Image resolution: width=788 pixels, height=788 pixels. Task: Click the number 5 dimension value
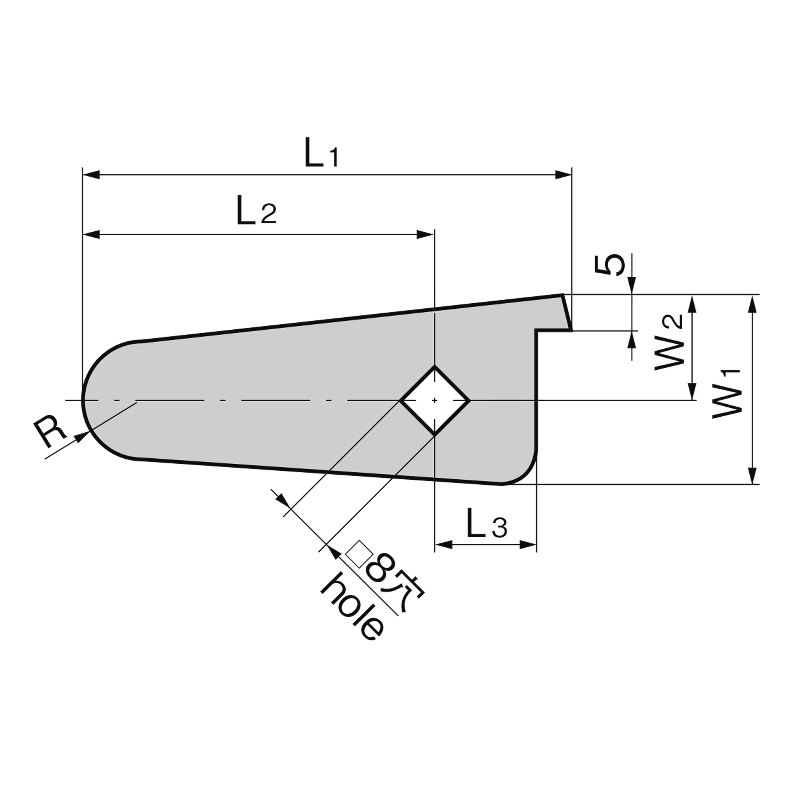click(x=609, y=265)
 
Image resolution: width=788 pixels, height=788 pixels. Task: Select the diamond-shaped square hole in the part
click(x=435, y=401)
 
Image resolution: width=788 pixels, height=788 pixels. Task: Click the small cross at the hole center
click(x=435, y=401)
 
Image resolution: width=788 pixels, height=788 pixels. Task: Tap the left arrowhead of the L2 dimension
click(x=91, y=235)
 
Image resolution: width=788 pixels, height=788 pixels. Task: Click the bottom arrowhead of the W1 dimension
click(x=753, y=476)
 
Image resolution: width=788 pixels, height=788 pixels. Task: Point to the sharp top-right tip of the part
click(x=563, y=294)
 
